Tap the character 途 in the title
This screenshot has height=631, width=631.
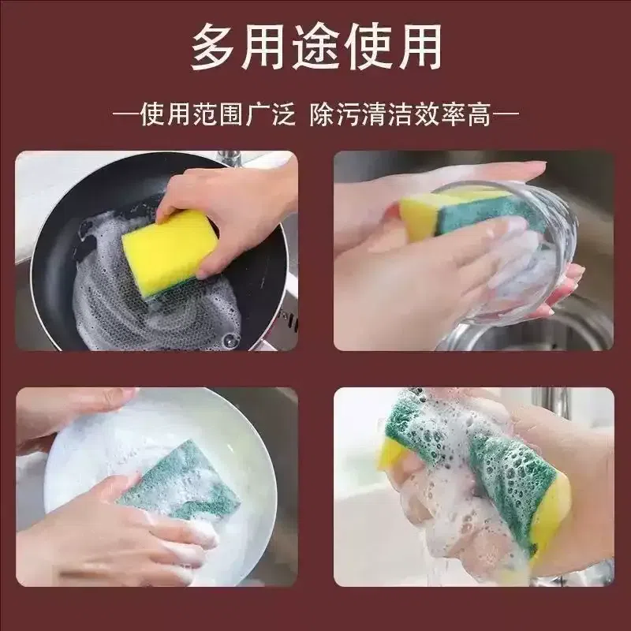click(318, 47)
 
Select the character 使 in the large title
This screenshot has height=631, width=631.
click(368, 47)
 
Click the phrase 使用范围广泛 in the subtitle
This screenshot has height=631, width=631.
click(218, 114)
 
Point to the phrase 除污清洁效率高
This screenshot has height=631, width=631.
click(401, 114)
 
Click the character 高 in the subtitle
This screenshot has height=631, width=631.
click(480, 114)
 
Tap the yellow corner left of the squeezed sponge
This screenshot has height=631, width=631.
click(390, 453)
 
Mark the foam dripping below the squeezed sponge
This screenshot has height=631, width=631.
click(463, 540)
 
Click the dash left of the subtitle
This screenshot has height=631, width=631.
click(125, 115)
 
